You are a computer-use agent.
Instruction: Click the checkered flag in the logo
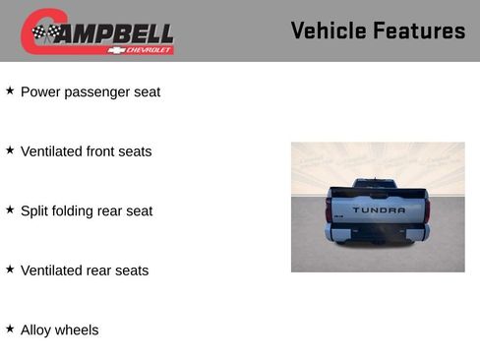(45, 32)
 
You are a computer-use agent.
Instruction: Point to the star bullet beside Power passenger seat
(10, 90)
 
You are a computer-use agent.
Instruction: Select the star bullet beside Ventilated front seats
(10, 150)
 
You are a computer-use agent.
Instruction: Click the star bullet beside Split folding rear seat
(10, 210)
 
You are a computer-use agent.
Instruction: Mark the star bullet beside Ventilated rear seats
(10, 270)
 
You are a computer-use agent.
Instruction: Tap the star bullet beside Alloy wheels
(10, 329)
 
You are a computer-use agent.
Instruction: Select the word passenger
(98, 92)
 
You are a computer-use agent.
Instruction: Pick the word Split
(35, 210)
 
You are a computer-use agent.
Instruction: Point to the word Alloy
(37, 330)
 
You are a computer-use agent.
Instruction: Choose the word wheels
(79, 330)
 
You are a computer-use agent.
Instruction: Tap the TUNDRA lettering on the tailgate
(379, 210)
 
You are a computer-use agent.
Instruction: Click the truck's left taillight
(329, 210)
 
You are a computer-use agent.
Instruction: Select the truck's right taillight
(427, 210)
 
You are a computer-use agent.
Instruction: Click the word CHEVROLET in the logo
(150, 49)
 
